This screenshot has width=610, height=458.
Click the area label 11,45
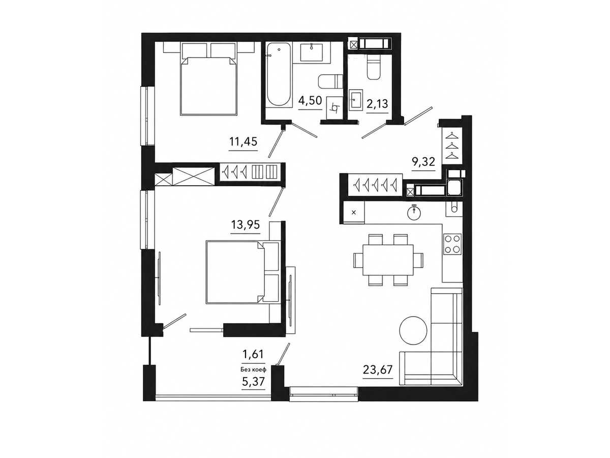[243, 142]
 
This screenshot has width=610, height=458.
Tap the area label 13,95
[246, 224]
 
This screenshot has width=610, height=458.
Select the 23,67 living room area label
[378, 369]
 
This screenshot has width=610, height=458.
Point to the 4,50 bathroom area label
[310, 100]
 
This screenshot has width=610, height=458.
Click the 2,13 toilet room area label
[377, 104]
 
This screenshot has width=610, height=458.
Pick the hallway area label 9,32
[423, 161]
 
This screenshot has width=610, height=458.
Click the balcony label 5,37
[253, 382]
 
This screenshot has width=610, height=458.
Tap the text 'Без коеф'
[253, 369]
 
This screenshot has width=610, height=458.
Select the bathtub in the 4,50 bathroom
[279, 76]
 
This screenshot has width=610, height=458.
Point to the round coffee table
[413, 330]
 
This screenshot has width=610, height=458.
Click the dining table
[388, 260]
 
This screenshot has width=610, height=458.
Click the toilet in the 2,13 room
[374, 67]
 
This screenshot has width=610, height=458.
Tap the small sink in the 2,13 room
[356, 98]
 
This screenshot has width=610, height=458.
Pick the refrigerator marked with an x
[354, 213]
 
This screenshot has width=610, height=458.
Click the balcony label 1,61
[253, 354]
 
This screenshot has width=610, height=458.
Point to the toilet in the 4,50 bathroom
[330, 82]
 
